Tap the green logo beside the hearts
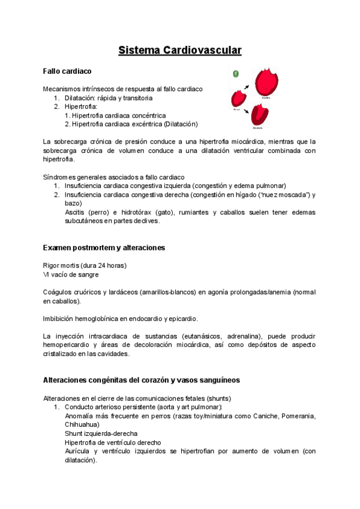(x=236, y=73)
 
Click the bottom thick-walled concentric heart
(x=259, y=114)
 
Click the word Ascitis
(x=75, y=212)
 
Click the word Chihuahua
(x=82, y=424)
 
